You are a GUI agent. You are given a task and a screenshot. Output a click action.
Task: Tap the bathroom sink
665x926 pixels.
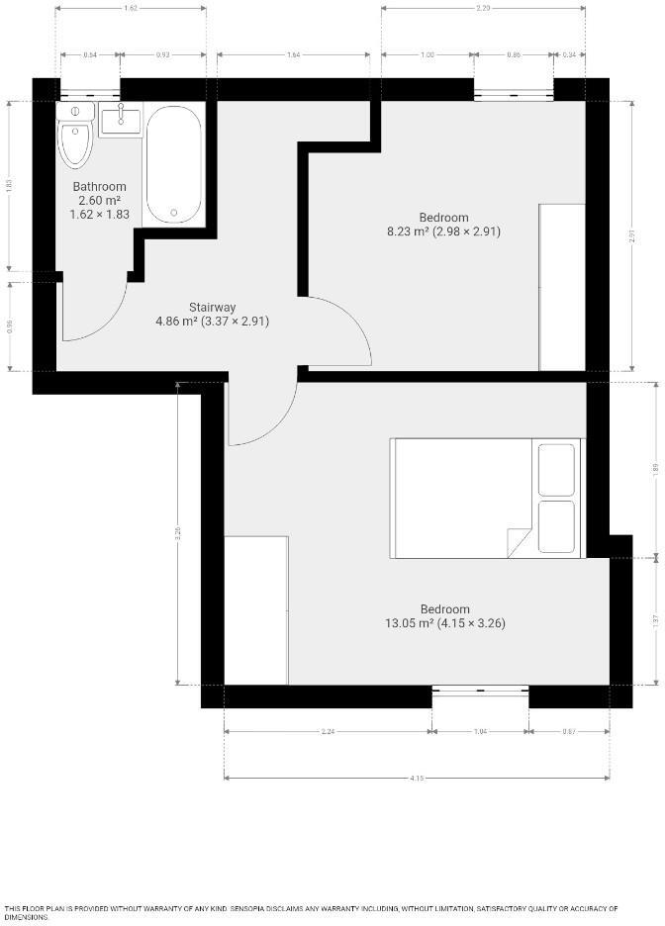pos(121,120)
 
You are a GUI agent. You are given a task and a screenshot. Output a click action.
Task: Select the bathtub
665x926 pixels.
pos(174,164)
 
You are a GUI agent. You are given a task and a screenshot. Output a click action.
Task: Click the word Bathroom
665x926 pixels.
pos(100,187)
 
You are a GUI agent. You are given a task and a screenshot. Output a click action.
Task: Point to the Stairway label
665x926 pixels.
pos(213,307)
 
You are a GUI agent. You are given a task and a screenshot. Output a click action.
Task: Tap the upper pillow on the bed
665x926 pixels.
pos(555,468)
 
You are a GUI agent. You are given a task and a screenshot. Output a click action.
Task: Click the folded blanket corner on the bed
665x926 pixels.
pos(520,543)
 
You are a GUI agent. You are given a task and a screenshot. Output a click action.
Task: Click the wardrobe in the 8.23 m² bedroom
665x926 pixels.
pos(562,287)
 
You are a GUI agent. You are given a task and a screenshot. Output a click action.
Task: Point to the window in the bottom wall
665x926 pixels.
pos(480,691)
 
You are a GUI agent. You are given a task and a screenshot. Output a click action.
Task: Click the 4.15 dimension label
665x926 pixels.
pos(417,779)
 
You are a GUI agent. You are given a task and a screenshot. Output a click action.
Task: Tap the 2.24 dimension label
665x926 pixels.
pos(328,731)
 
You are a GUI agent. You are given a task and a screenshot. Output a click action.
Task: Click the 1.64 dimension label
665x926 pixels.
pos(293,54)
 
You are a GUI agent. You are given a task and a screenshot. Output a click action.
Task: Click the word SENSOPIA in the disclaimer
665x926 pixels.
pos(260,908)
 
